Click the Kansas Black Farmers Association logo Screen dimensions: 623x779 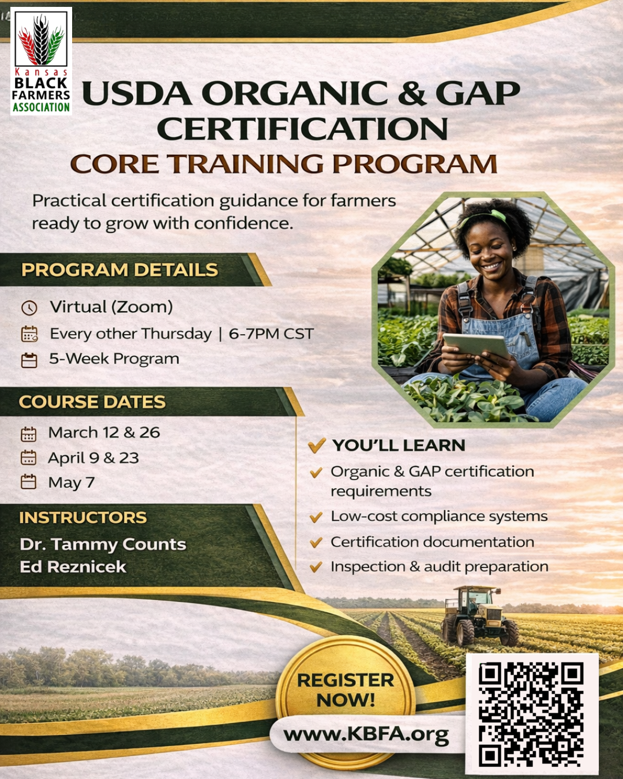click(41, 61)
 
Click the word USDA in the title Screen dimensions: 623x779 click(137, 93)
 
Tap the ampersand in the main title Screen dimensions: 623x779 click(411, 93)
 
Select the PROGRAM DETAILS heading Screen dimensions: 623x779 click(120, 270)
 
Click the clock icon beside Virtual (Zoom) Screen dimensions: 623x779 click(29, 308)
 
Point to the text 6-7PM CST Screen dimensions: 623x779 click(271, 334)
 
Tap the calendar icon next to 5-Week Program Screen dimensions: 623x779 click(29, 360)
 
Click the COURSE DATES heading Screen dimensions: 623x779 click(92, 402)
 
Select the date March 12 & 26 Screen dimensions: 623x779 click(104, 433)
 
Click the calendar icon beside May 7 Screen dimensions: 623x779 click(29, 482)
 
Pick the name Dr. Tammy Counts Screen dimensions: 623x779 click(103, 544)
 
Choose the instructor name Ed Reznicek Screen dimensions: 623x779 click(73, 567)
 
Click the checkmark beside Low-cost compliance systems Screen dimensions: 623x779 click(316, 517)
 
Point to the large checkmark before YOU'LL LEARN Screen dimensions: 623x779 click(317, 445)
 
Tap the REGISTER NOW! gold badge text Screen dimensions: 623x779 click(346, 690)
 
